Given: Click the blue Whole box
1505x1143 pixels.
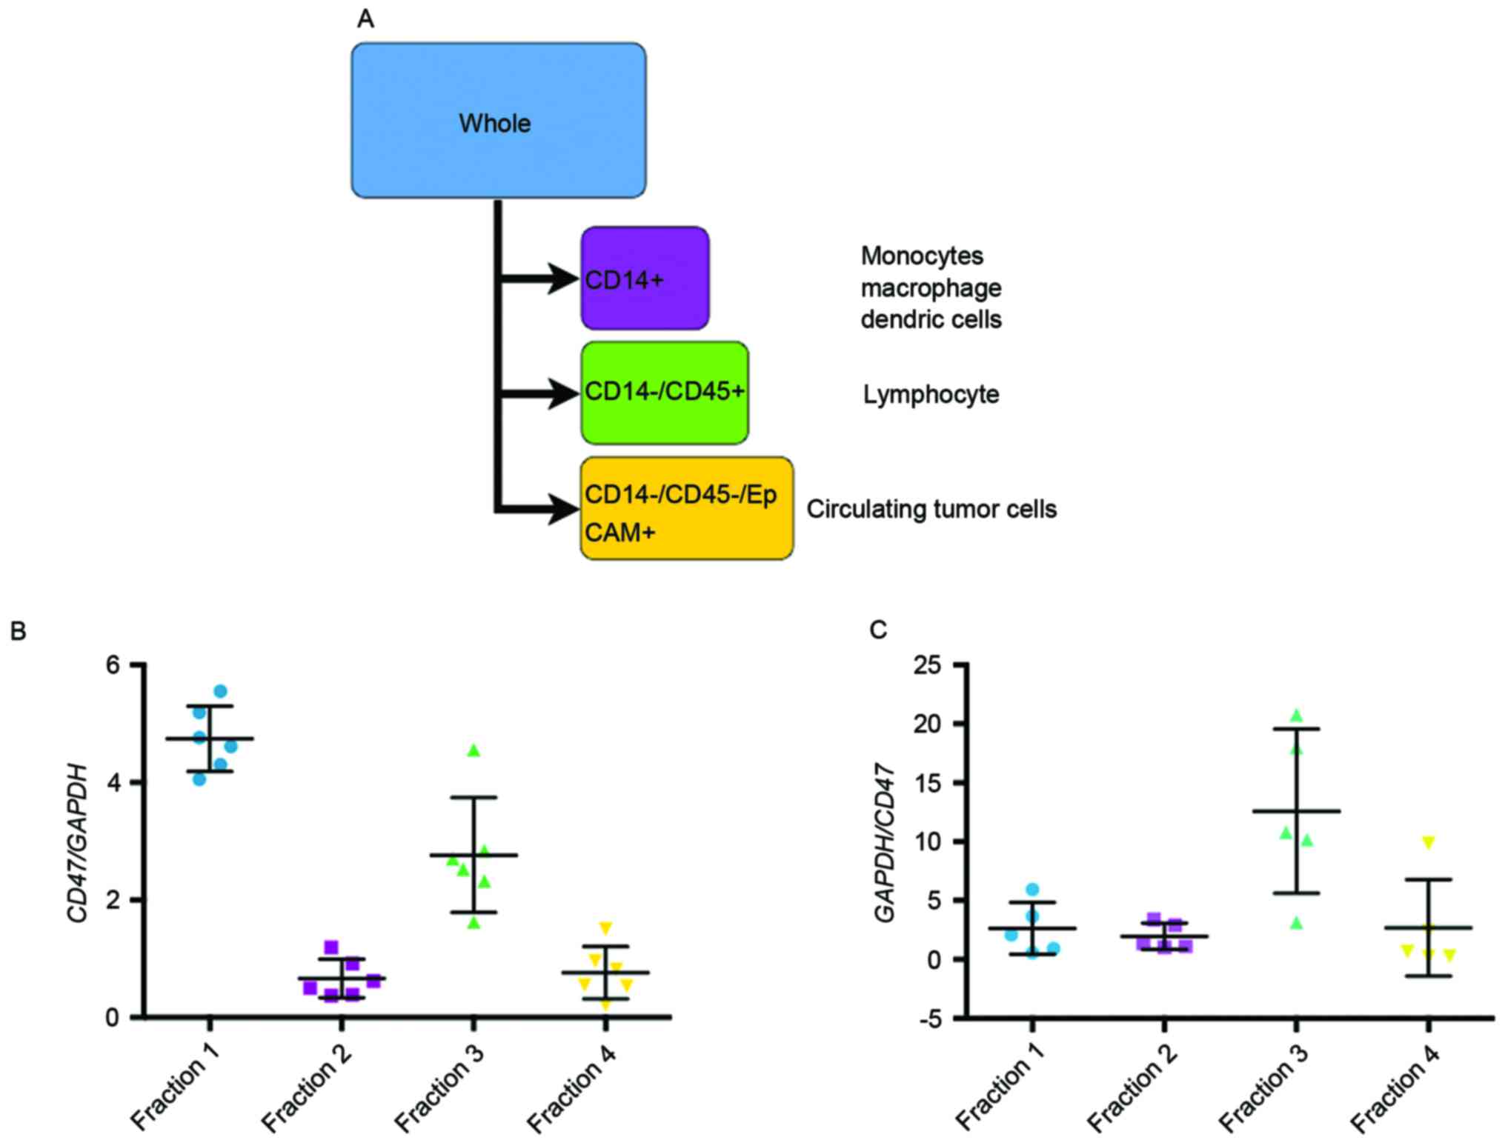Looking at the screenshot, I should (x=498, y=121).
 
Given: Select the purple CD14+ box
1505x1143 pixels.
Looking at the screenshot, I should (x=645, y=279).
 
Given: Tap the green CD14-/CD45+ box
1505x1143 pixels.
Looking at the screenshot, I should (x=665, y=393).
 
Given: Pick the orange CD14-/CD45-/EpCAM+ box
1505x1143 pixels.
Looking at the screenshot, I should (x=686, y=508).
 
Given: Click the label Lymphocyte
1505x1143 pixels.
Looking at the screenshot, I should (x=931, y=394).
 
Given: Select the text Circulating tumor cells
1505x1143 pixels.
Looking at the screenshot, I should (x=931, y=509).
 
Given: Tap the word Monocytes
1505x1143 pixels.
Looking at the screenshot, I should (x=922, y=256).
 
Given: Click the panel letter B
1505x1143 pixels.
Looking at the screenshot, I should (x=17, y=630).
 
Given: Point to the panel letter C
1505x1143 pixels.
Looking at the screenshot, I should (x=878, y=630).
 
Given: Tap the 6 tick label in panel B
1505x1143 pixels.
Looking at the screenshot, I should (x=113, y=665).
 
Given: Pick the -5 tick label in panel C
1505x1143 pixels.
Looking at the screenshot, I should (x=929, y=1019).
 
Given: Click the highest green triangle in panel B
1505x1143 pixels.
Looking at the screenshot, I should (x=474, y=751).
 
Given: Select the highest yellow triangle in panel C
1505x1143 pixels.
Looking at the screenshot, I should (x=1429, y=842).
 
